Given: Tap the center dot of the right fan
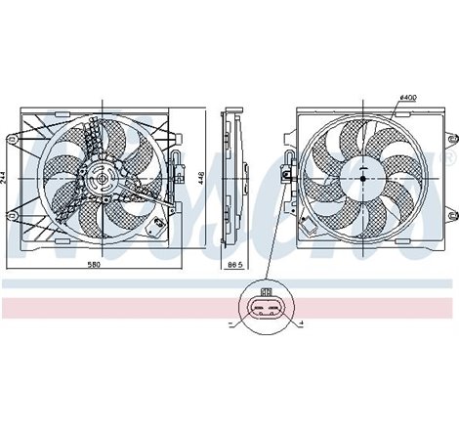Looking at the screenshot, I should click(362, 177).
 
